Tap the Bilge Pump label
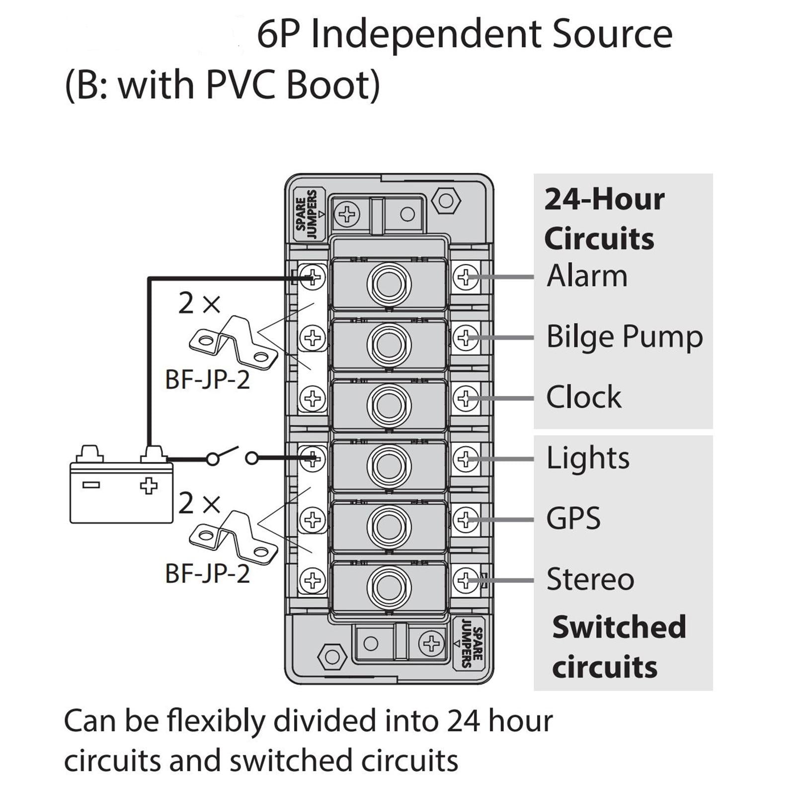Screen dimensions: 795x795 625,337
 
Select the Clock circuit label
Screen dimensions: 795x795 583,397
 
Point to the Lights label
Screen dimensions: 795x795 588,458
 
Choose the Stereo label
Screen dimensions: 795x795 590,579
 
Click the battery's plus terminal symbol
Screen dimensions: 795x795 149,485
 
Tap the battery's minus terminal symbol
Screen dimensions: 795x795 91,485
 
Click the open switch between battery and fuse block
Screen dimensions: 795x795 232,456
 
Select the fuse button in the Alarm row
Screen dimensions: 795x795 389,284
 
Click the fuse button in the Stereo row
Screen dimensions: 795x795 389,587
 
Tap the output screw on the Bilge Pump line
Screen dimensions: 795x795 465,338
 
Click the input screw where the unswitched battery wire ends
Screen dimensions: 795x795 313,277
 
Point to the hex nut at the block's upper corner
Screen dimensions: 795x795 446,201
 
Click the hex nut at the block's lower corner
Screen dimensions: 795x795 332,657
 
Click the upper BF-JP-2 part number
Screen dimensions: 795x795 207,380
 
